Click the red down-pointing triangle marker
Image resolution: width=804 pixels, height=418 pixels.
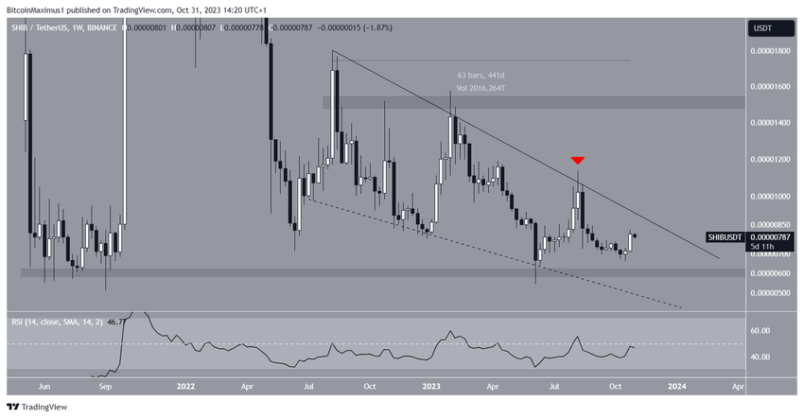point(577,162)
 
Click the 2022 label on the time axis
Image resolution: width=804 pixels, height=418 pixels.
point(185,386)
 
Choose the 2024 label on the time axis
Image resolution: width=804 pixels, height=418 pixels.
point(677,386)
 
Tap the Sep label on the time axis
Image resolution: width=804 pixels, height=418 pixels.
point(106,386)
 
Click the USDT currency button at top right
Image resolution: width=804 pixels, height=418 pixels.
point(760,28)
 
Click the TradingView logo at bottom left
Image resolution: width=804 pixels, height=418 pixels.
point(37,407)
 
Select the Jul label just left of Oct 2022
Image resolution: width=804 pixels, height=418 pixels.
point(309,386)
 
